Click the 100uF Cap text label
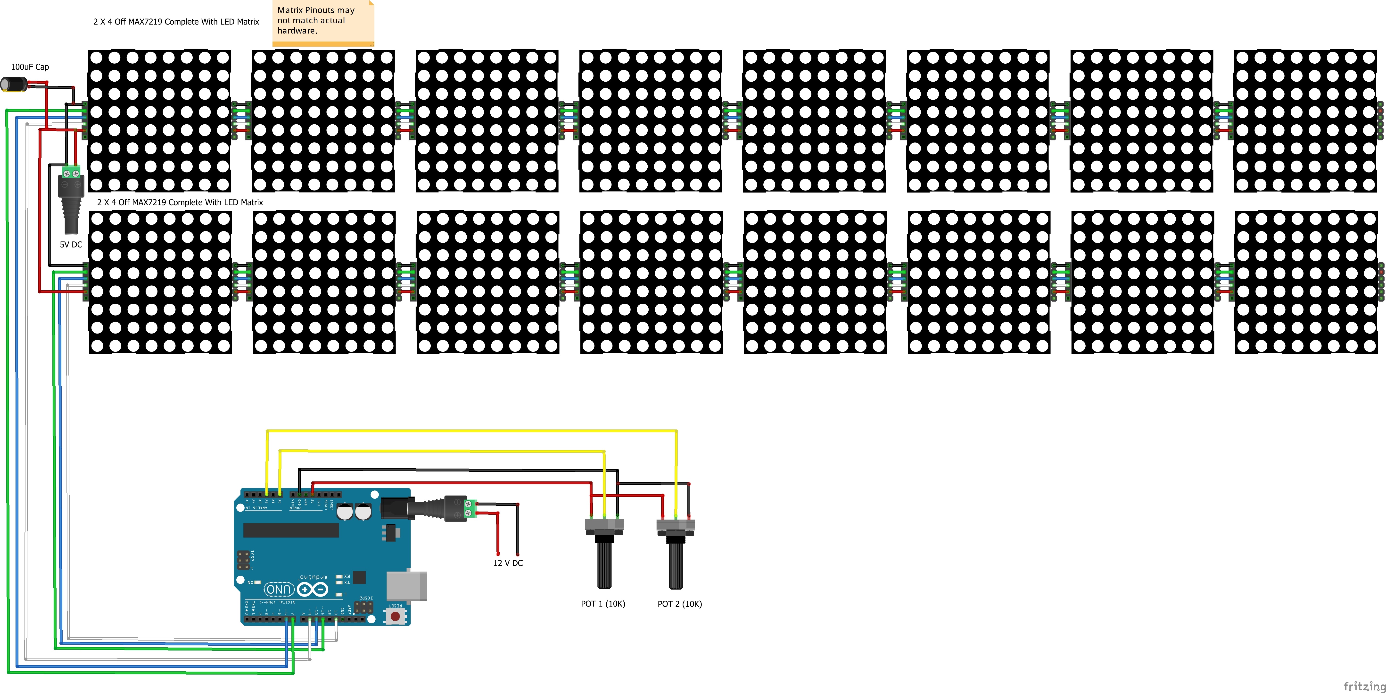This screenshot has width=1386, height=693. (x=30, y=67)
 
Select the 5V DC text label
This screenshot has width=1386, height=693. (x=71, y=244)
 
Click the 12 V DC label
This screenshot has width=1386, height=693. (x=508, y=563)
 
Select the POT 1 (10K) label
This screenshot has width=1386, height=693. (x=602, y=604)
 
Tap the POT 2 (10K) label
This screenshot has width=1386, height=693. (x=680, y=604)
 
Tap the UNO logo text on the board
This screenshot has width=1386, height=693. (x=279, y=589)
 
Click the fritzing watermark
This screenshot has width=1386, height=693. (x=1364, y=685)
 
